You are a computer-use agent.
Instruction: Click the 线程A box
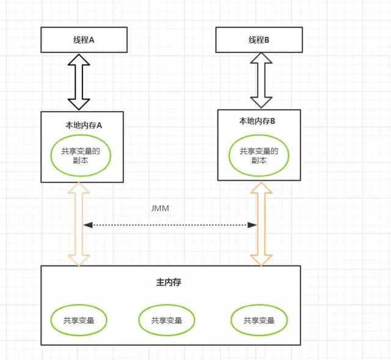point(83,40)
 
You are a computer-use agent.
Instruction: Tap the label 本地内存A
point(83,124)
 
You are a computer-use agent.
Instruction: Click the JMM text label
point(159,208)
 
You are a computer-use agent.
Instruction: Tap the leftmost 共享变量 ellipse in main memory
point(79,320)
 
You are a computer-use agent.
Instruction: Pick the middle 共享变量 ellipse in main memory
point(167,320)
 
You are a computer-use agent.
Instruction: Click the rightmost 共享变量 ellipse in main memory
point(259,320)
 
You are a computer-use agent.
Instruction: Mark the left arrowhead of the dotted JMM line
point(89,225)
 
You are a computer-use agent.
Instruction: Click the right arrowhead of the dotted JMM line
point(252,225)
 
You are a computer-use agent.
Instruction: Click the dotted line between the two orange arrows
point(170,225)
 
